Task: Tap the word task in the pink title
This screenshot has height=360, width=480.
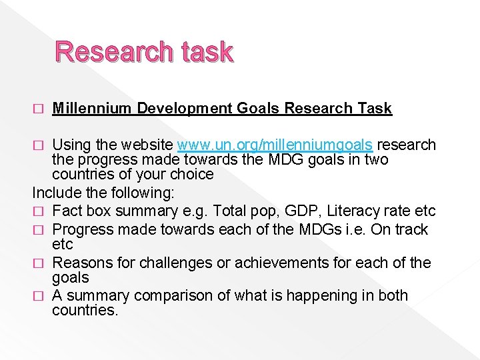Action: pyautogui.click(x=203, y=51)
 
